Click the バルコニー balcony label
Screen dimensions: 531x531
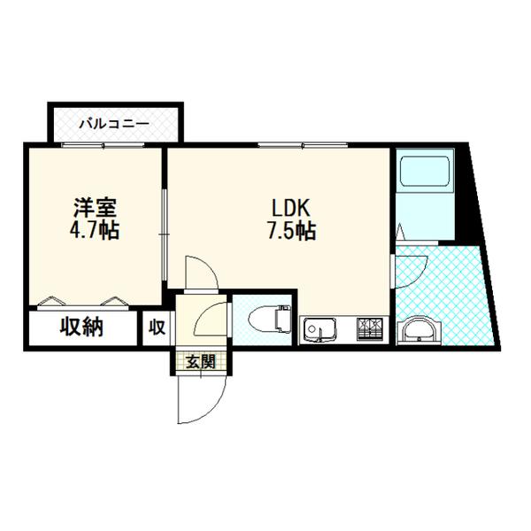point(115,124)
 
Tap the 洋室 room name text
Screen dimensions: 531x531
point(96,211)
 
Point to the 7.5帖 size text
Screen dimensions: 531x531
point(291,232)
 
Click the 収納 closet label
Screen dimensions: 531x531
point(82,327)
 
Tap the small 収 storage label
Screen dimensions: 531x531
point(157,328)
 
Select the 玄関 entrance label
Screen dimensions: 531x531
point(200,360)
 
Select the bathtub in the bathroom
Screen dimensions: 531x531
point(424,173)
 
